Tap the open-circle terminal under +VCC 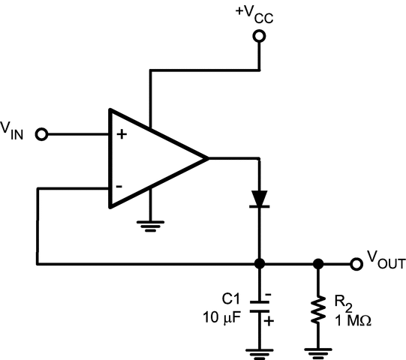tap(260, 36)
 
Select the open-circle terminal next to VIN tap(42, 134)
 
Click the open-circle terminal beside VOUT tap(355, 264)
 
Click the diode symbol tap(259, 199)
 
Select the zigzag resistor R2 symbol tap(318, 309)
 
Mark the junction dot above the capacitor tap(259, 264)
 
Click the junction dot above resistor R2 tap(318, 264)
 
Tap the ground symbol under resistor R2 tap(318, 349)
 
